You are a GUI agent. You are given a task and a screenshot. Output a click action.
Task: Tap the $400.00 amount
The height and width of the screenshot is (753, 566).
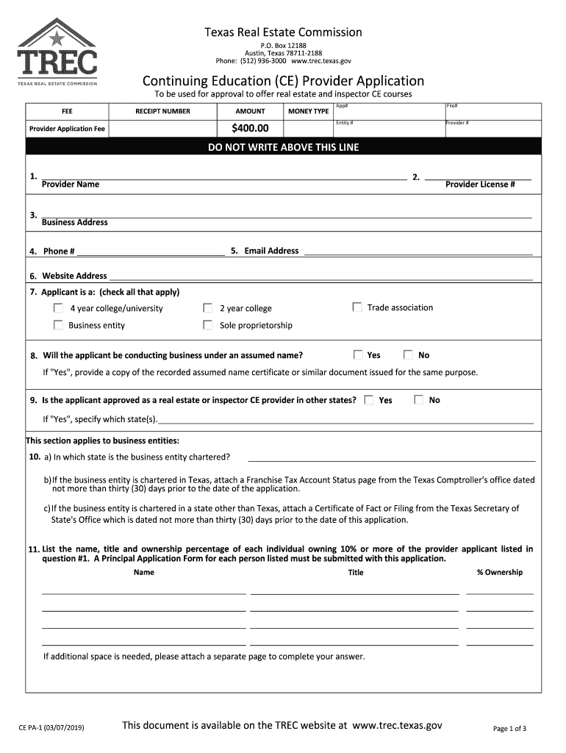coord(250,129)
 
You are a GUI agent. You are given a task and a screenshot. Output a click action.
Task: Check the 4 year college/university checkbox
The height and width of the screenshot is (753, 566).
coord(58,308)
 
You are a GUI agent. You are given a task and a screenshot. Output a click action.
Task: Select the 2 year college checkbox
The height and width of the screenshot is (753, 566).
coord(208,308)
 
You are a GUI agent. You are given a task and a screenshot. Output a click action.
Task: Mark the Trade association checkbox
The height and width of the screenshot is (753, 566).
coord(357,307)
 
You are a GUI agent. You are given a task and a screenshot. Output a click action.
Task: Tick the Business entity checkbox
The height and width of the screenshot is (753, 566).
coord(58,325)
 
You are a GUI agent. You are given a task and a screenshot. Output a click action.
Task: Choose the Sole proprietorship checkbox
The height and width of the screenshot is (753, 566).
coord(208,325)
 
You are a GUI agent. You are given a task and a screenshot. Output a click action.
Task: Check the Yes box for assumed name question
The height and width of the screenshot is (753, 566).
coord(358,354)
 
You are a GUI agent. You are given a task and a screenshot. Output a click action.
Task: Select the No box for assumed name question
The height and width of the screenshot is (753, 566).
coord(409,354)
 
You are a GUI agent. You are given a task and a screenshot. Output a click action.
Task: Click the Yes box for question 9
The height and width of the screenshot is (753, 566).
coord(369,400)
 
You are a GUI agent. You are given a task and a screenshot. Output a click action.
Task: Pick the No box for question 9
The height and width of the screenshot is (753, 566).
coord(419,400)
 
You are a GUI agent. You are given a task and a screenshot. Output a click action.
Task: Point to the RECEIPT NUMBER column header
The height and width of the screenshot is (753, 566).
coord(162,111)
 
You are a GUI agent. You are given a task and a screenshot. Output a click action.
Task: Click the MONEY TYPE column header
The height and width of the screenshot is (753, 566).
coord(308,111)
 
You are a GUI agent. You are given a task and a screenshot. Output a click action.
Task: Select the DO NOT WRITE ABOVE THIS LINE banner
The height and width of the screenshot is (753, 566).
coord(283,147)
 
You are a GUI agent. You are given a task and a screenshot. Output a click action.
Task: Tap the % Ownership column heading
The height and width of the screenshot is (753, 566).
coord(499,572)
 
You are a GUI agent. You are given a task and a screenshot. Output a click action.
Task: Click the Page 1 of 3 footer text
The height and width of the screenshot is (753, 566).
coord(509,729)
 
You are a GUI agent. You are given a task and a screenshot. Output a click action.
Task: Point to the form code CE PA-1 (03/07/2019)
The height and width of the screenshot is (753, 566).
coord(51,727)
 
